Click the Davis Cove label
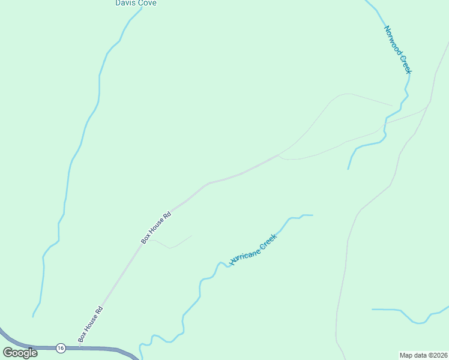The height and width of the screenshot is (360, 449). pos(136,3)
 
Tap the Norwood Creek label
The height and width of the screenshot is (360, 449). pos(397,49)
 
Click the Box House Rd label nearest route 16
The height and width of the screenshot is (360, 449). pos(91,325)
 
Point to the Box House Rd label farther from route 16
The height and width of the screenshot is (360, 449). pos(156,227)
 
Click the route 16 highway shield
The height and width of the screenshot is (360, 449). pos(61,348)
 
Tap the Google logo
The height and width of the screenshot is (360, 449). pos(20,353)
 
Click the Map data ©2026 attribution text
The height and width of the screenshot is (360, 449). pos(424,355)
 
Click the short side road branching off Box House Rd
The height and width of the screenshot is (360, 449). pos(171,245)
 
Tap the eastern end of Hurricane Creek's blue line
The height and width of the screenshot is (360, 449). pos(312,215)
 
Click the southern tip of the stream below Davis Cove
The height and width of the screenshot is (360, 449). pos(33,316)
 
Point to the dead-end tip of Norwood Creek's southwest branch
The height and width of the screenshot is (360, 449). pos(348,169)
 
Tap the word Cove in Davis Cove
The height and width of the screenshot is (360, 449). pos(148,3)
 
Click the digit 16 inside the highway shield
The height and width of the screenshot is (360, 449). pos(61,348)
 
